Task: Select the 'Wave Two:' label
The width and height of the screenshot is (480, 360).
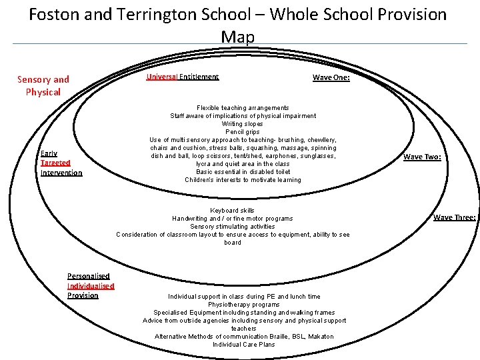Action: click(422, 157)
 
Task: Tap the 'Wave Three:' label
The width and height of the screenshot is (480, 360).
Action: click(454, 217)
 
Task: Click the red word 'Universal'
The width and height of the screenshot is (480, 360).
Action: click(161, 77)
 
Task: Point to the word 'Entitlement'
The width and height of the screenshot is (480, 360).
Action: click(199, 77)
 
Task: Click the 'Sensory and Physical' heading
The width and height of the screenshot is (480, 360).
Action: click(43, 86)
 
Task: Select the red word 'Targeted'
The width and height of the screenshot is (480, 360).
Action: click(55, 163)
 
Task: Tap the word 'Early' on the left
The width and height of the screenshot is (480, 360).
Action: click(49, 153)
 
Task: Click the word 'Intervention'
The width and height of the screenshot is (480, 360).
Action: click(61, 173)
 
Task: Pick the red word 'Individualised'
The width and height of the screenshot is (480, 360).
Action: click(91, 286)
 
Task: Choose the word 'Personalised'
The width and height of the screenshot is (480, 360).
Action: click(88, 276)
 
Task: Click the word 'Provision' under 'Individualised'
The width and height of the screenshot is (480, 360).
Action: click(83, 295)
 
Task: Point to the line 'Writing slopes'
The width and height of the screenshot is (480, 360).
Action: click(243, 124)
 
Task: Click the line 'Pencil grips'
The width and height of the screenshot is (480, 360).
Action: click(243, 132)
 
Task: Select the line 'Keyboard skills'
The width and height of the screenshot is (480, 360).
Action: click(232, 211)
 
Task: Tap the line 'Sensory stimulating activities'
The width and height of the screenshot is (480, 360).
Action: click(232, 227)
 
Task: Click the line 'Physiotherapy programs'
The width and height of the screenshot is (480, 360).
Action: click(243, 305)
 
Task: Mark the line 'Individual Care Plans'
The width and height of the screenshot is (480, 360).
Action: click(243, 345)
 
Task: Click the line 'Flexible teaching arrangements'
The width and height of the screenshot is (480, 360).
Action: click(243, 108)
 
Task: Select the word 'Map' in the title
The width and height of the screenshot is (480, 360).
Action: click(238, 37)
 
